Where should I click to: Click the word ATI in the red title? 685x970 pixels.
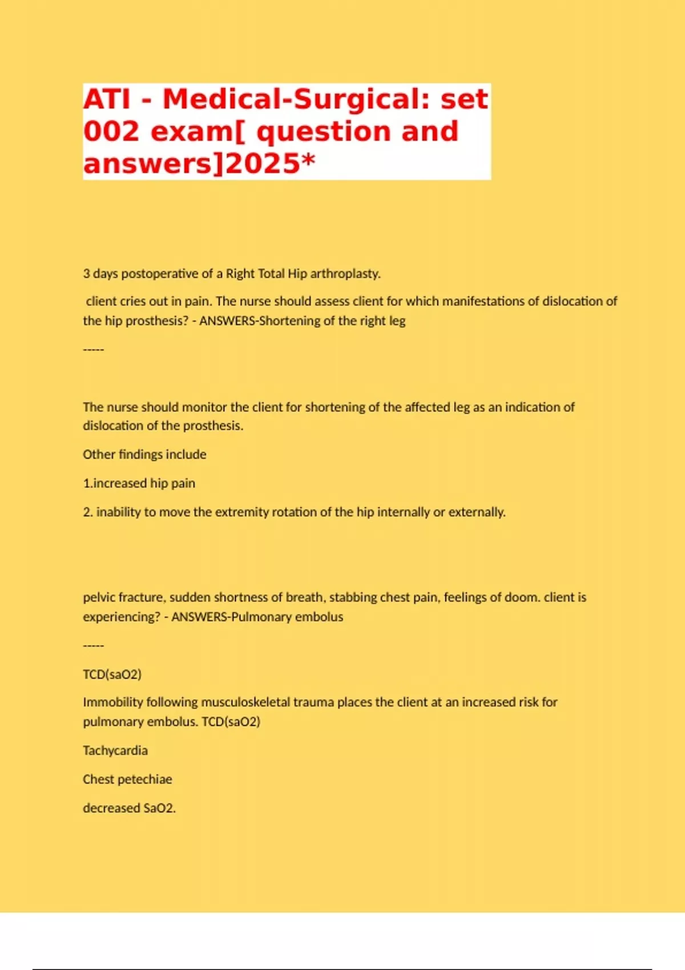point(107,99)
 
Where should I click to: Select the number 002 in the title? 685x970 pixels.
point(111,131)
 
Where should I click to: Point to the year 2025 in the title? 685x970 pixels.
point(263,164)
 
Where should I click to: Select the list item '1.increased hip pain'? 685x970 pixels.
point(139,483)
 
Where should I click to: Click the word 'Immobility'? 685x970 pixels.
point(112,702)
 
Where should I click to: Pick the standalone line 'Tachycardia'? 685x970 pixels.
point(115,751)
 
